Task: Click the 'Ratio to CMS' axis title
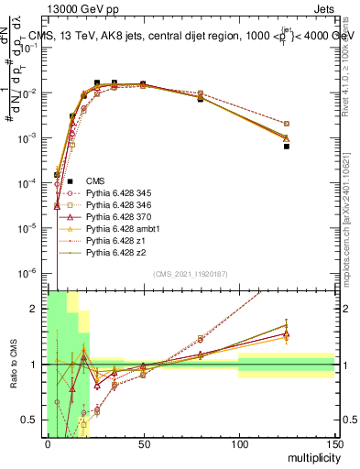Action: [x=15, y=364]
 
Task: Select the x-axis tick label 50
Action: [x=143, y=444]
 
